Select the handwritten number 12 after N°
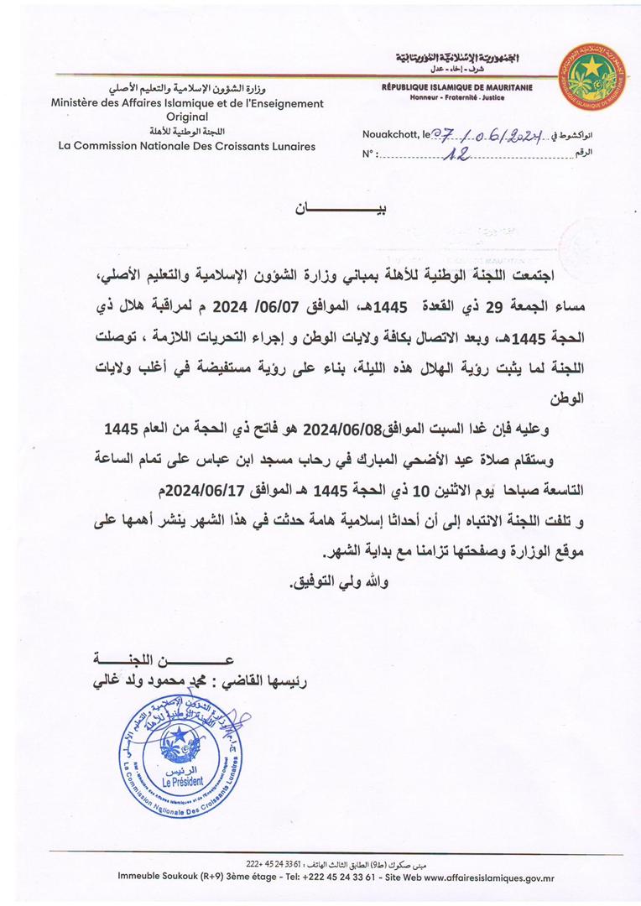(459, 154)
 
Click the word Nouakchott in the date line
(391, 134)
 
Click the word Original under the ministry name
(187, 117)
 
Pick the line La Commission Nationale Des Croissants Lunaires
(187, 146)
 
